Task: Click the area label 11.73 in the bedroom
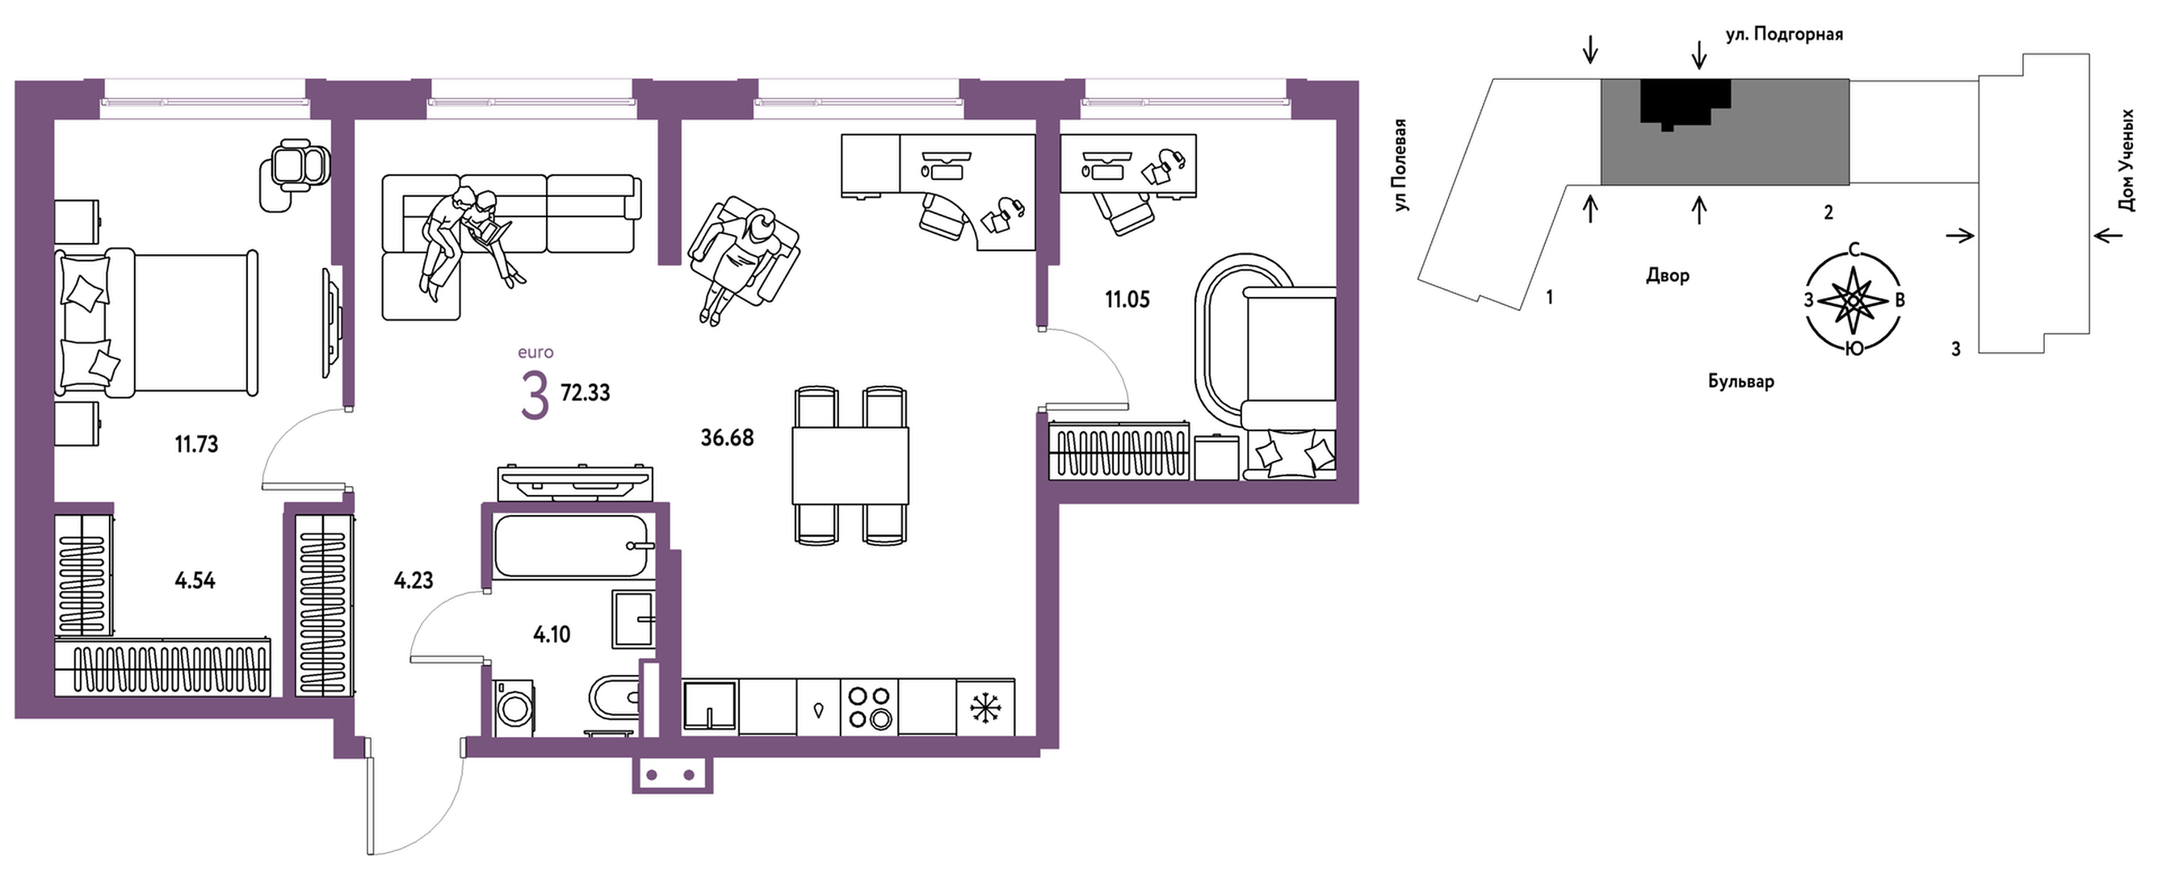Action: (x=196, y=444)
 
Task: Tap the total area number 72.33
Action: (x=585, y=392)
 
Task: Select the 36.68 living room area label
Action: (x=727, y=438)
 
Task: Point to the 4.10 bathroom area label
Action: (x=552, y=634)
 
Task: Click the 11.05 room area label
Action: (x=1127, y=299)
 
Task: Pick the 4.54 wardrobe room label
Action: (x=195, y=580)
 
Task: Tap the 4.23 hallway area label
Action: (x=413, y=580)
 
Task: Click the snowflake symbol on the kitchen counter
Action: (x=985, y=707)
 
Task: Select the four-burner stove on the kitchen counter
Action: (x=869, y=706)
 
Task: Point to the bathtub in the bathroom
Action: (x=572, y=546)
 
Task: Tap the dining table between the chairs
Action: (x=850, y=465)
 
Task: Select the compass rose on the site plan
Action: (x=1854, y=299)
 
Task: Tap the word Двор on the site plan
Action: (x=1667, y=275)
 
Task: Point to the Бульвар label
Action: (x=1740, y=382)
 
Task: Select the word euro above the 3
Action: (x=535, y=353)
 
